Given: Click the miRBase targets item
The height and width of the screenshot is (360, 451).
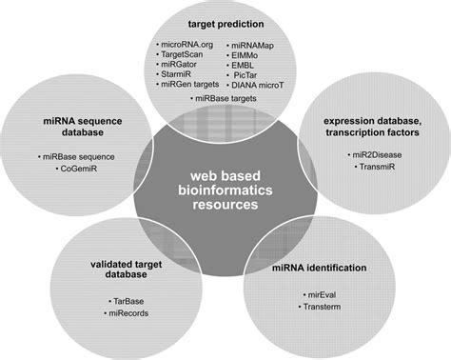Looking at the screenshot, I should pos(227,98).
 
